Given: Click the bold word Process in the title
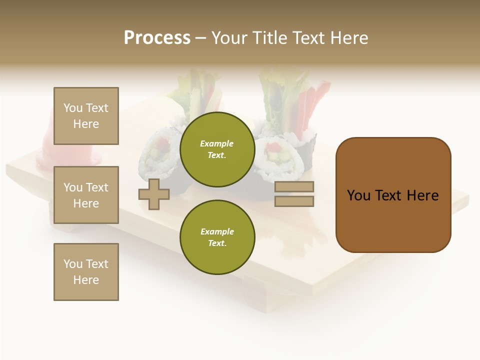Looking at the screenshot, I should tap(157, 37).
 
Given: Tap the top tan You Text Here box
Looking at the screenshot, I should tap(86, 116).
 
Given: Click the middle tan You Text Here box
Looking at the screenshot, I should tap(86, 195).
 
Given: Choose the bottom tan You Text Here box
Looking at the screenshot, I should tap(86, 271).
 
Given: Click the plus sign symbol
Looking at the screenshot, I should tap(154, 194).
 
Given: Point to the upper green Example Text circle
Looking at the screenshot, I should tap(217, 149).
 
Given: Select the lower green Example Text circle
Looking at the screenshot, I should tap(217, 237).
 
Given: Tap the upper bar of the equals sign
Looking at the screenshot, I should tap(294, 187).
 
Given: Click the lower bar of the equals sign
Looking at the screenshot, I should tap(294, 201).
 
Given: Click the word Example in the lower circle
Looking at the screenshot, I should tap(217, 231).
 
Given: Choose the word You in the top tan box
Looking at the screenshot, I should tap(73, 108).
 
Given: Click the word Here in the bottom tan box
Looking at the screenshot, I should tap(86, 280).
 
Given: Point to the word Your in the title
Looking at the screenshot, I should tap(229, 38).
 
